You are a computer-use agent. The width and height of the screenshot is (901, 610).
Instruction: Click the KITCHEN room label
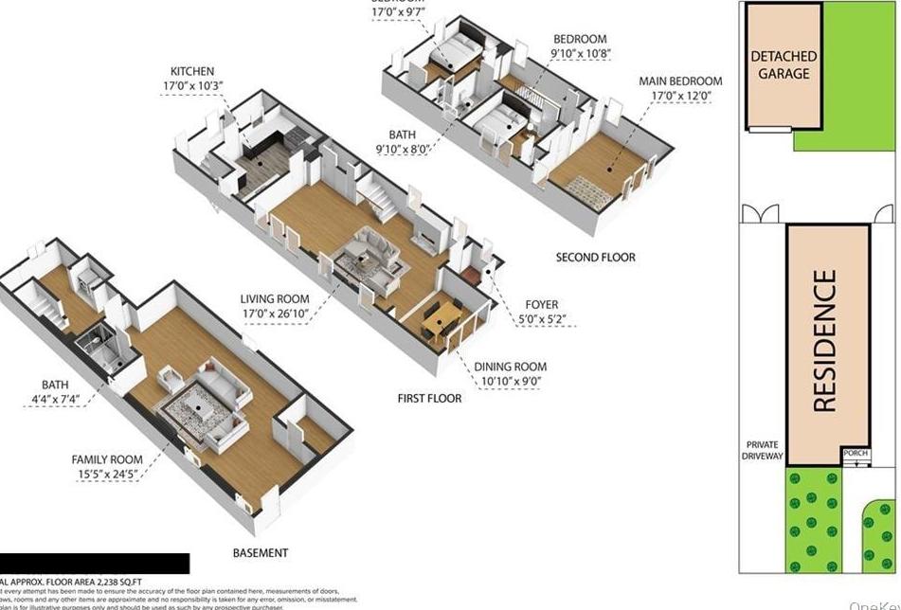click(191, 71)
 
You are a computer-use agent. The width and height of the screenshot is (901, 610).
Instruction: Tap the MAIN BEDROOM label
click(679, 81)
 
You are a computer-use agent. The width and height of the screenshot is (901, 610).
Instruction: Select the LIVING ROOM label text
click(274, 299)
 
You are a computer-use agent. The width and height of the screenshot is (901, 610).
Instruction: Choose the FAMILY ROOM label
click(107, 459)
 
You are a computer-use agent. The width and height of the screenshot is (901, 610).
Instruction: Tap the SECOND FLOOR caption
click(595, 257)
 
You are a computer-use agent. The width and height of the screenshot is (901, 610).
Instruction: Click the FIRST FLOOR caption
click(429, 398)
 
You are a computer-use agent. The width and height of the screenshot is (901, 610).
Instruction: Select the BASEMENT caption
click(260, 552)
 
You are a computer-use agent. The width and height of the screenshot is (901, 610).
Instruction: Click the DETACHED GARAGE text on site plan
click(782, 64)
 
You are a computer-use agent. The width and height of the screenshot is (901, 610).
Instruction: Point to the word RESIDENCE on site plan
click(825, 341)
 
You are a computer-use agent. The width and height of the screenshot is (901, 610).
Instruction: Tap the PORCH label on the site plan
click(856, 454)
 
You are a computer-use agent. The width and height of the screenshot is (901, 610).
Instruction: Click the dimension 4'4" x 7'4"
click(54, 400)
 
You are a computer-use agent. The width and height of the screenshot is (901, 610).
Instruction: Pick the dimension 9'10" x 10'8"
click(579, 54)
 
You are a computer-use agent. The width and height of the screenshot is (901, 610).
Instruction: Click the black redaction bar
click(95, 564)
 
